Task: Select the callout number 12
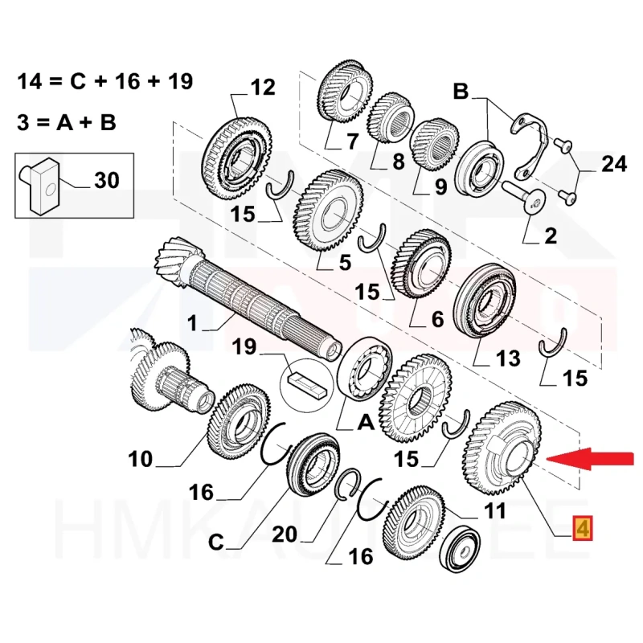click(x=262, y=87)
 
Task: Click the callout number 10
click(x=140, y=459)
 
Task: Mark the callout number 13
click(x=508, y=357)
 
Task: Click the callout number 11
click(x=495, y=510)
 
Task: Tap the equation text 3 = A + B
click(x=68, y=122)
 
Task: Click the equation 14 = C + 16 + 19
click(x=104, y=82)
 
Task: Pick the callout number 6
click(x=436, y=320)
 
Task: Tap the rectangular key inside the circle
click(x=308, y=384)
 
